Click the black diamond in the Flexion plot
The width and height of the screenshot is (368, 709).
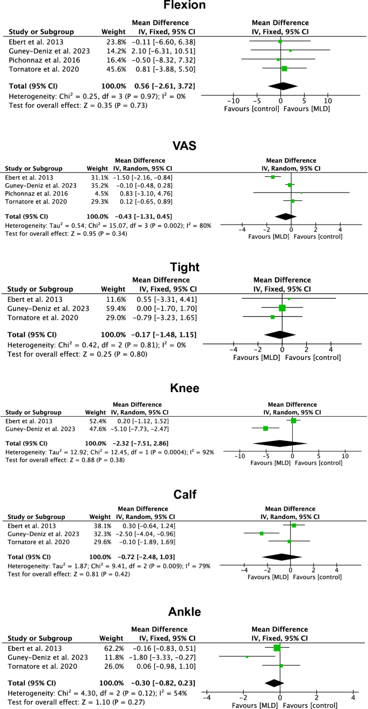282,86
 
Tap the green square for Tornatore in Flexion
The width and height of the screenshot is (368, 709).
284,69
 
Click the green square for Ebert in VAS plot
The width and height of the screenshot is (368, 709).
273,177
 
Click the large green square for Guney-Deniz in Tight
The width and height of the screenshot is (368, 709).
282,308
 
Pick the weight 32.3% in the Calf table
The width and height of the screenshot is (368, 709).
101,534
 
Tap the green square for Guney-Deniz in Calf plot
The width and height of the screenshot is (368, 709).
262,533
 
